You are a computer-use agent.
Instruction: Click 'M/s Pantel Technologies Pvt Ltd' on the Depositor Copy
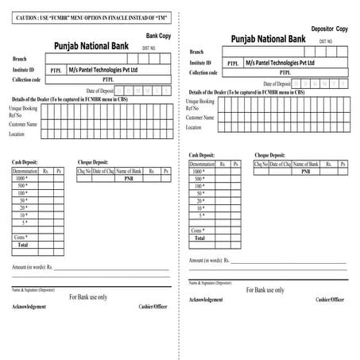281,62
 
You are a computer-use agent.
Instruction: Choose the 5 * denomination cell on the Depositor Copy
202,215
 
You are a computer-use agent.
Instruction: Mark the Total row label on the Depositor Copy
200,238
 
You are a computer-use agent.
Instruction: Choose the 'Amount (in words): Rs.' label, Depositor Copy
209,260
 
